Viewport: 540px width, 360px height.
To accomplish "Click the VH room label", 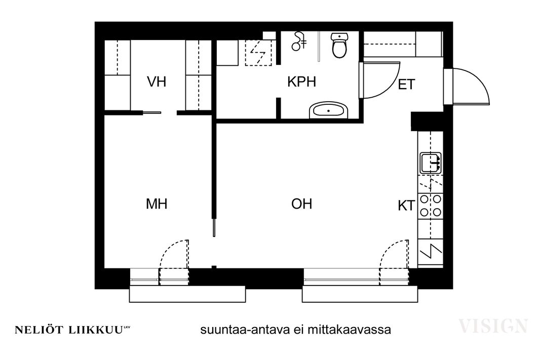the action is point(157,82).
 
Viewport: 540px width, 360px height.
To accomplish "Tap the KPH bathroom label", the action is point(302,82).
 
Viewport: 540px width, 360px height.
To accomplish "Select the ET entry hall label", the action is point(406,85).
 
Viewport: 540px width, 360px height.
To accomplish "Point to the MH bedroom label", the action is point(157,204).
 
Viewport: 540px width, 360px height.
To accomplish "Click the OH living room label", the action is point(302,204).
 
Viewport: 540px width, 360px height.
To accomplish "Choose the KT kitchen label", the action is point(406,206).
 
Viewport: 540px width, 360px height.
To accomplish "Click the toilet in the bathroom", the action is point(339,45).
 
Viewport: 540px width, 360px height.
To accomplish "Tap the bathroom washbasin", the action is point(329,110).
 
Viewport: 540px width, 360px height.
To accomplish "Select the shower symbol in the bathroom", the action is point(299,41).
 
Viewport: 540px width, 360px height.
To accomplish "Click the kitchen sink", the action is point(431,163).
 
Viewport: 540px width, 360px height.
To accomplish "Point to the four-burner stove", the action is point(431,206).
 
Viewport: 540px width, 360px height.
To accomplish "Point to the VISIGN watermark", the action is point(493,326).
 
